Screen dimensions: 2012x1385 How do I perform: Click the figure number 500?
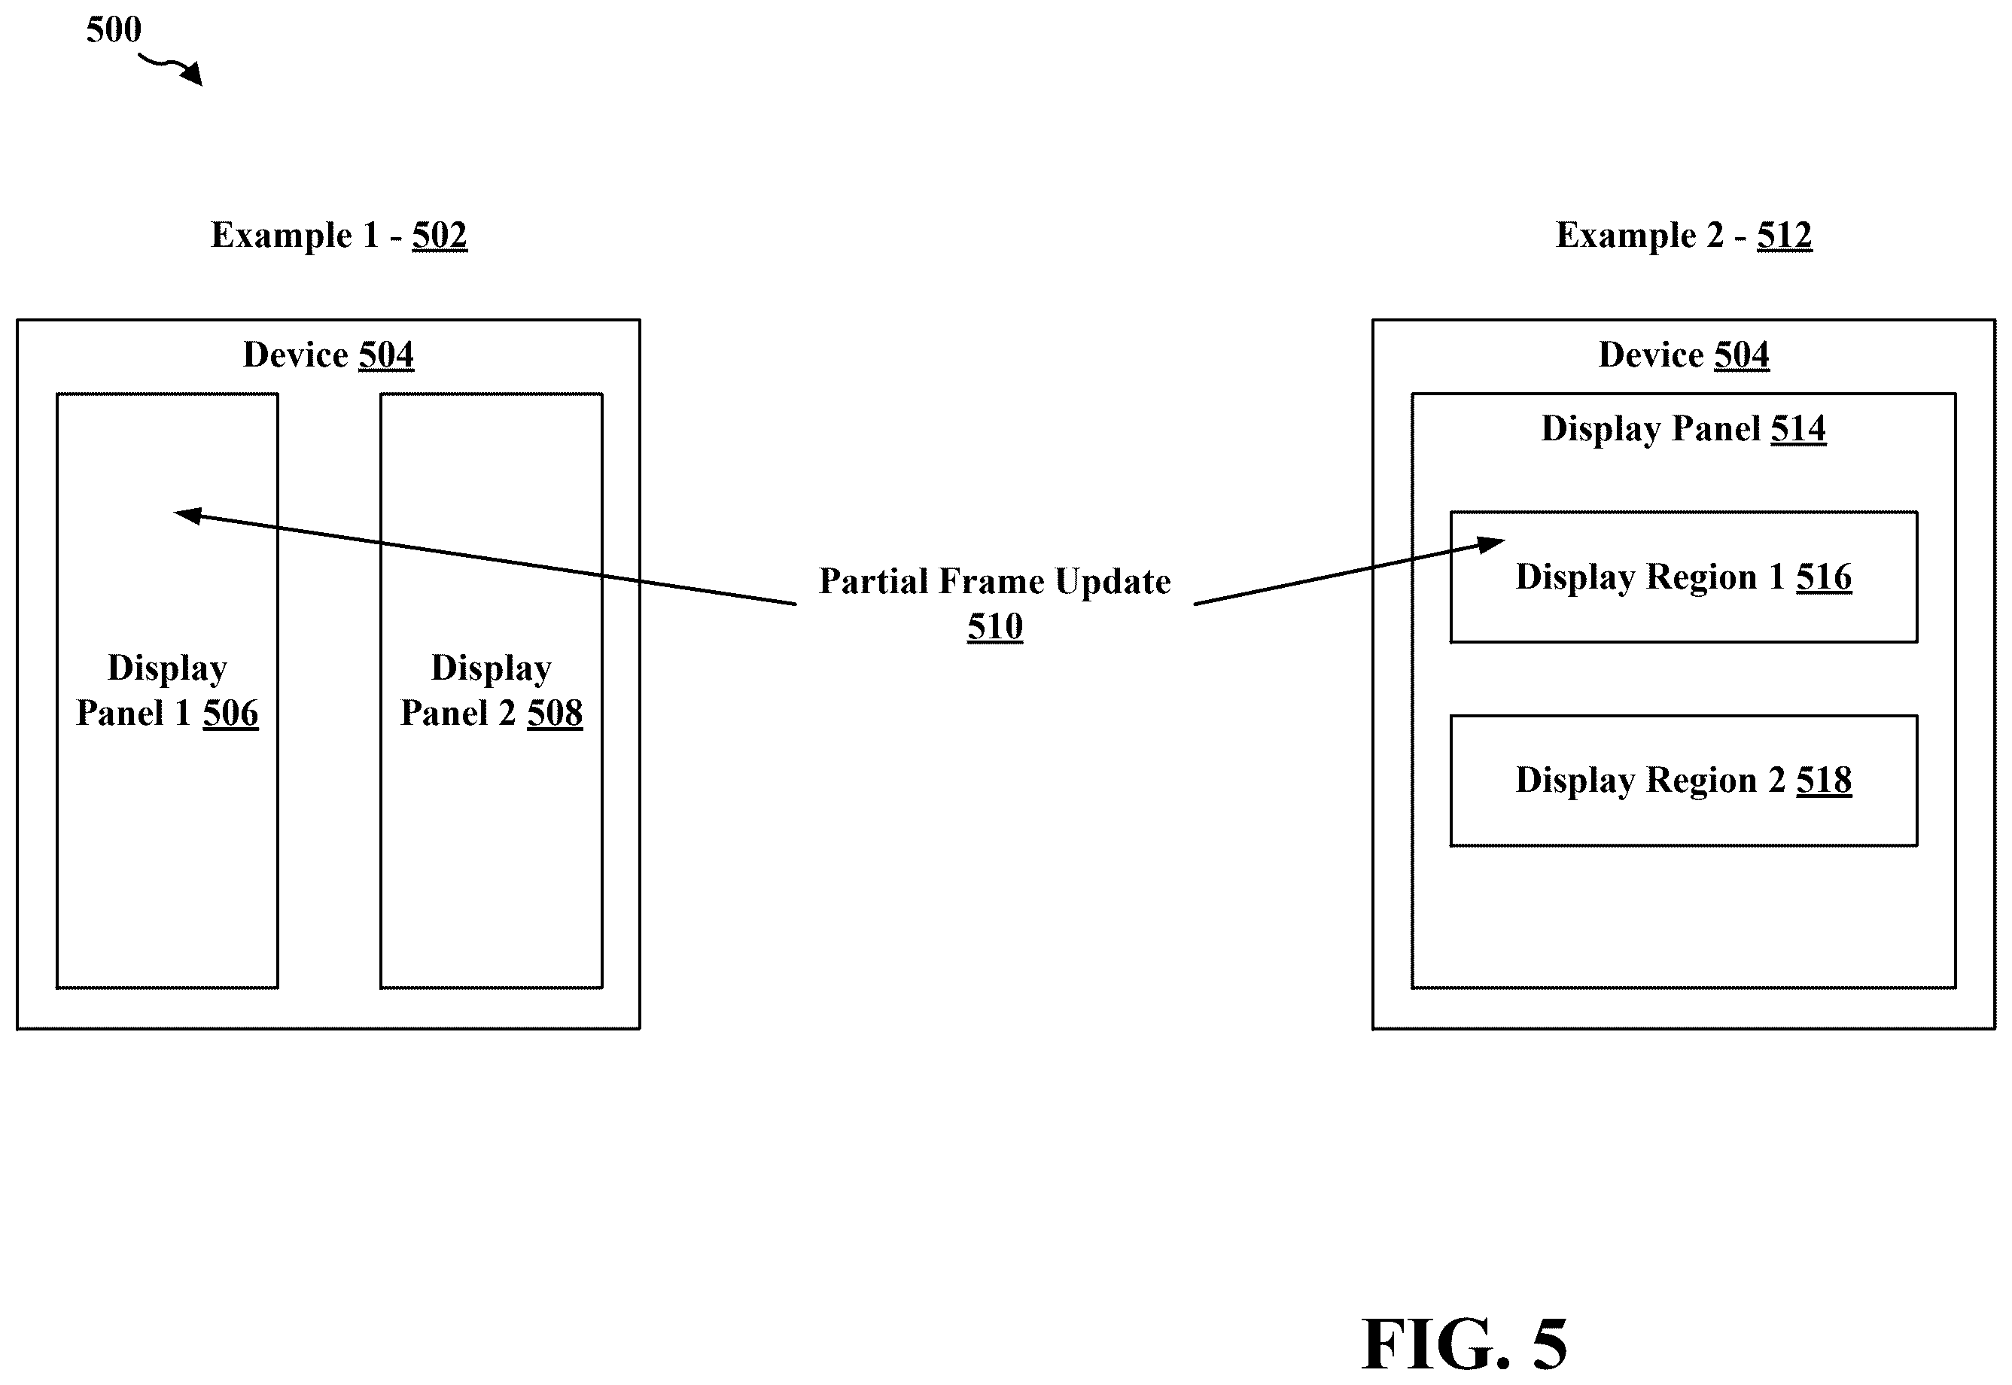click(114, 29)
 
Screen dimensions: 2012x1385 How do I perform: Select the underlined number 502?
click(440, 235)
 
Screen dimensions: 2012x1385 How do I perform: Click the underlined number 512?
click(1785, 235)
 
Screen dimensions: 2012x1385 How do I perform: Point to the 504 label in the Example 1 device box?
click(387, 355)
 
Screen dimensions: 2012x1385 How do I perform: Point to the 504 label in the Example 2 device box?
click(1743, 355)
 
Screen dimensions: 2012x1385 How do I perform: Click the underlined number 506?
click(231, 714)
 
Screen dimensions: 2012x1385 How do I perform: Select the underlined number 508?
click(556, 714)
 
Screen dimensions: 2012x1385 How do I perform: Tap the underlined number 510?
click(995, 626)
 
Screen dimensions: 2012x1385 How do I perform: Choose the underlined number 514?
click(1798, 429)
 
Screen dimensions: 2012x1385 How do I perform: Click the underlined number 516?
click(1824, 577)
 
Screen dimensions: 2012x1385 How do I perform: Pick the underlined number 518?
click(1824, 780)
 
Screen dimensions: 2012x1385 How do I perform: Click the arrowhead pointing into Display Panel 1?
click(187, 516)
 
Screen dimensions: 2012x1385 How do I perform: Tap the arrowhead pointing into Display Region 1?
click(1490, 544)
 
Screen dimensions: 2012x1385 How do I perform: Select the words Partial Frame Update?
click(995, 581)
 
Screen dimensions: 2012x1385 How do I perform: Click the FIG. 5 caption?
click(1465, 1344)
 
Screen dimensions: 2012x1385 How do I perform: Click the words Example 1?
click(295, 235)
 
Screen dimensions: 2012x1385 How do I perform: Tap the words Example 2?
click(1640, 235)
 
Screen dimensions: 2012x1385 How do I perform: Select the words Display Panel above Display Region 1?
click(1650, 429)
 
